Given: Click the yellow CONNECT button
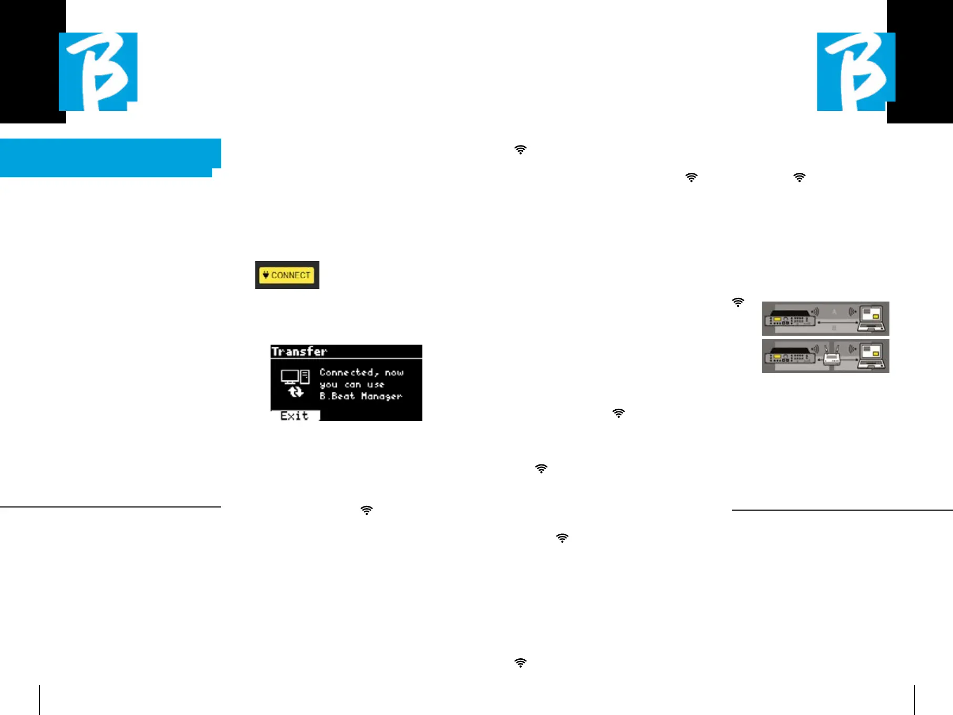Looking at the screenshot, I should (287, 275).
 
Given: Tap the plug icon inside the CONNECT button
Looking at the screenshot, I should (266, 275).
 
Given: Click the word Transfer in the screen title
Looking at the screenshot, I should (299, 351).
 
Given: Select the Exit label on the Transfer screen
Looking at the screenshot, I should (294, 416).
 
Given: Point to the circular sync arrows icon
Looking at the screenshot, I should (296, 392).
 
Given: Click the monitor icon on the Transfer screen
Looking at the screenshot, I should (289, 376).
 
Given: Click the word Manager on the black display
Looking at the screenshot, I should (381, 396).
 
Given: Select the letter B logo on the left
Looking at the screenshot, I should (98, 71).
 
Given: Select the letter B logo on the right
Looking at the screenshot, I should (856, 71).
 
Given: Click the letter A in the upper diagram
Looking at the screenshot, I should (834, 312).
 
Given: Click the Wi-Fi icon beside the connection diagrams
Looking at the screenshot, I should (738, 302).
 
